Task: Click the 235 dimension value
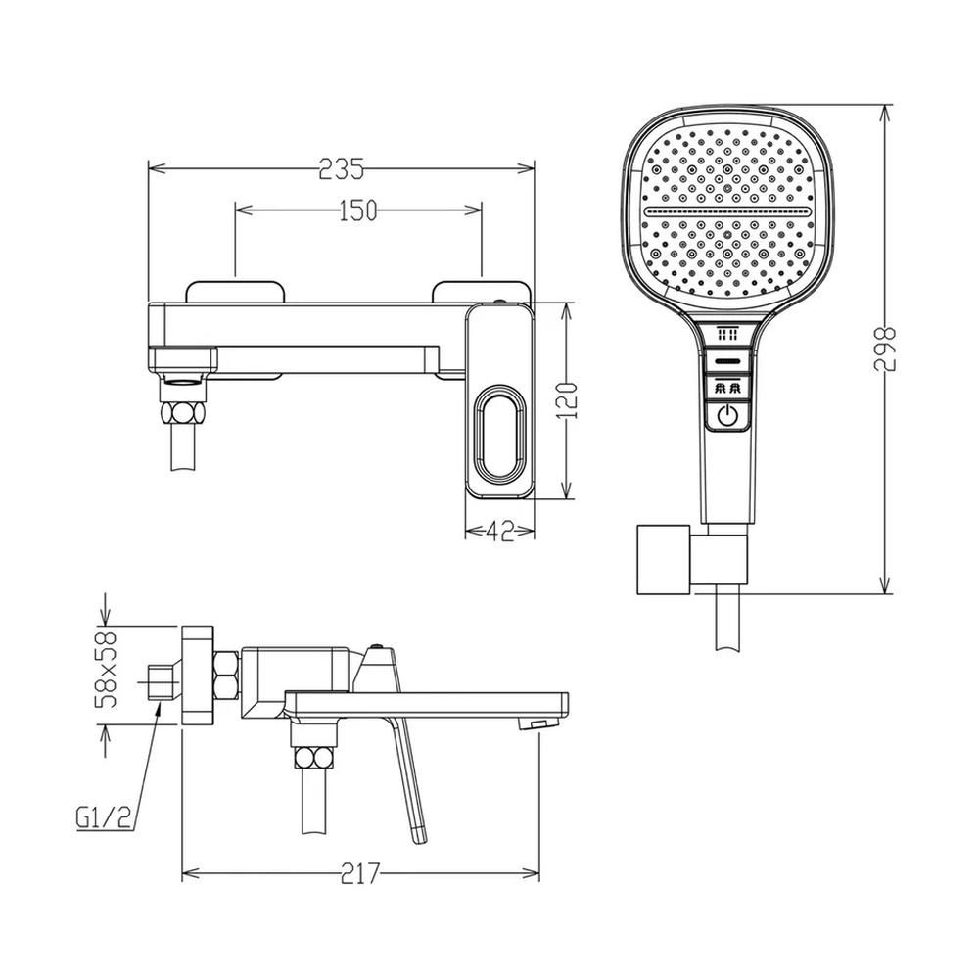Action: tap(341, 168)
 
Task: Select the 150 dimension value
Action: tap(357, 210)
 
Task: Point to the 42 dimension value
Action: tap(499, 532)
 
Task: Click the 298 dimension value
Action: tap(887, 348)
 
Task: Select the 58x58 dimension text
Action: tap(109, 670)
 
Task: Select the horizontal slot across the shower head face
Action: tap(728, 210)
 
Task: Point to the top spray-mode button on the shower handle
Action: tap(726, 335)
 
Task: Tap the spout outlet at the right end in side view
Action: tap(536, 723)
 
